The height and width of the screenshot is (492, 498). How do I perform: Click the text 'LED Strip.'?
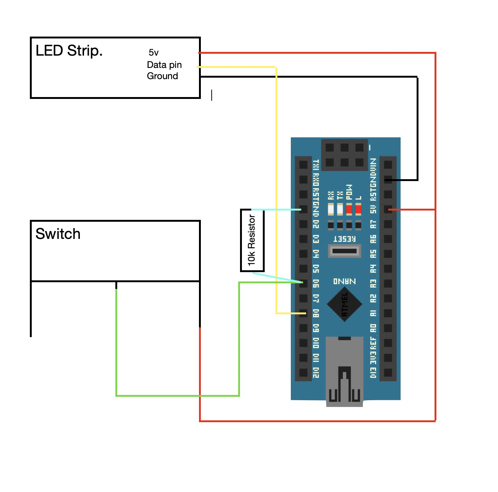coord(69,51)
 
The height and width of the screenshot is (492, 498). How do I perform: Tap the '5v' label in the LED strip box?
coord(153,53)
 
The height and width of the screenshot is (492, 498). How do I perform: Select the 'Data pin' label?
coord(164,65)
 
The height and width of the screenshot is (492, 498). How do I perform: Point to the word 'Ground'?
coord(162,76)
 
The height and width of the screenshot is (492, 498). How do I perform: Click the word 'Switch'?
coord(58,234)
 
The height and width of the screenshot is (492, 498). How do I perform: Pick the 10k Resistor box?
coord(252,240)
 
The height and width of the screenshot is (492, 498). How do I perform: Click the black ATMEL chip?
coord(344,305)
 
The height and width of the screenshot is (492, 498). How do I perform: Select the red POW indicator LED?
coord(349,209)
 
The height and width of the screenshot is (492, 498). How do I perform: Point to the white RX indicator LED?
coord(331,209)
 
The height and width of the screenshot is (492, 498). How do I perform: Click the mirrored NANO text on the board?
coord(344,281)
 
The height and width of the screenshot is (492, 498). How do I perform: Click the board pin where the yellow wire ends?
coord(304,313)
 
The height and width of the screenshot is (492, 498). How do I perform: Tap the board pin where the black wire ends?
coord(388,180)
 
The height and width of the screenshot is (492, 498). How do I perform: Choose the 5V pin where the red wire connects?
coord(388,209)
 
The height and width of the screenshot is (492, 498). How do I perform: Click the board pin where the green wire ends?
coord(304,283)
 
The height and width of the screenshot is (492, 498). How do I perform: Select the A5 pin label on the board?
coord(373,254)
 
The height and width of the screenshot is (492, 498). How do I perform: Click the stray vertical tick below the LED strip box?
coord(212,95)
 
